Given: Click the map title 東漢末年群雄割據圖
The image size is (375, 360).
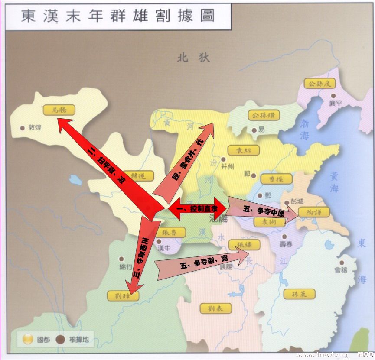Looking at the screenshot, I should (118, 16).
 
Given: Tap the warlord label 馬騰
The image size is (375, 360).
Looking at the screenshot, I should (59, 110).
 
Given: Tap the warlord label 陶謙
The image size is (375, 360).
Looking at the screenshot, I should (314, 212).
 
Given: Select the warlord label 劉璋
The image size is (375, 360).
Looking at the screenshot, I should (123, 296).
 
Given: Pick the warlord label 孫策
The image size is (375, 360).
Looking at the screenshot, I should (300, 294).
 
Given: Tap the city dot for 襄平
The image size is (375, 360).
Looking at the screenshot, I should (333, 96).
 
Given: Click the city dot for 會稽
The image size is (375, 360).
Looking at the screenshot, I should (342, 263).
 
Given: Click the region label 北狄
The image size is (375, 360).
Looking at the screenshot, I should (193, 58).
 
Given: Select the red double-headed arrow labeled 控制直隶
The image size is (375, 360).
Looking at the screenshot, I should (198, 209).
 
